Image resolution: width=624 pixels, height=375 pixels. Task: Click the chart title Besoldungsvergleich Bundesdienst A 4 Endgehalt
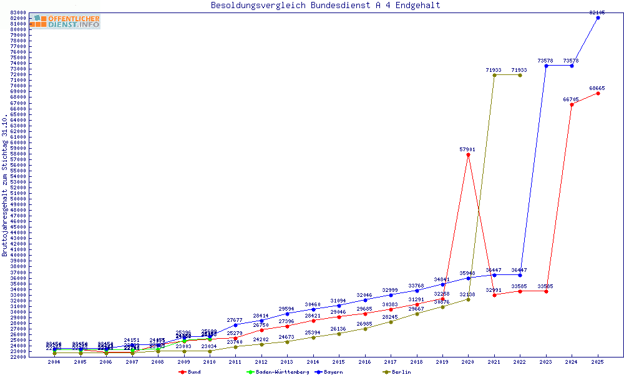point(325,6)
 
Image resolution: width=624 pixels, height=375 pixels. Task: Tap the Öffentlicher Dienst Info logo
point(65,22)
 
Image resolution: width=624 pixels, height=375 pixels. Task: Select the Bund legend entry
point(190,372)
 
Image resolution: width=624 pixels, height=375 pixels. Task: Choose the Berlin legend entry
point(397,372)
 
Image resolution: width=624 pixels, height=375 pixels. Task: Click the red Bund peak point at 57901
point(468,154)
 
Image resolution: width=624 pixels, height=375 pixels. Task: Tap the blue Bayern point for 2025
point(598,17)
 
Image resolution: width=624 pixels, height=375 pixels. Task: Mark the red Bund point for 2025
point(598,93)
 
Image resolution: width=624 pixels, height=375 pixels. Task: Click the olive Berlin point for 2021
point(494,75)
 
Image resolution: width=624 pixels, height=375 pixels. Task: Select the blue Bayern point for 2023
point(546,66)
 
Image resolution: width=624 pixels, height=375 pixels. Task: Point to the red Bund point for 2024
point(572,104)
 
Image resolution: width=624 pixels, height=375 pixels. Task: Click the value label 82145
point(597,12)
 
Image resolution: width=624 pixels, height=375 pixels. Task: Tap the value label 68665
point(597,88)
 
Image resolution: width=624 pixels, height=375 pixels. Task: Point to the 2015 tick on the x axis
point(339,362)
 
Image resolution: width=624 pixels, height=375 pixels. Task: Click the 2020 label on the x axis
point(468,362)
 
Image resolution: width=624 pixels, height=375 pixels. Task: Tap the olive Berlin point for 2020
point(468,299)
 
